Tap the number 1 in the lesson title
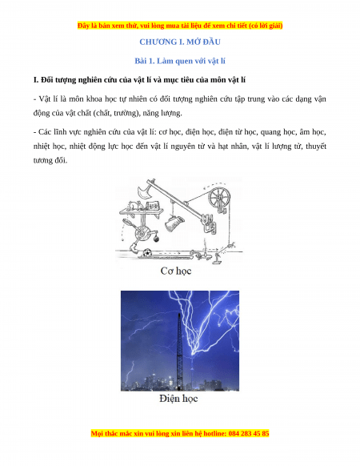(151, 61)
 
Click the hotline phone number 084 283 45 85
(249, 433)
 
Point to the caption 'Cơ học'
(176, 271)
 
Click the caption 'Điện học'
(178, 398)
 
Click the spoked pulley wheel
(219, 198)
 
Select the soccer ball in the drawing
(147, 253)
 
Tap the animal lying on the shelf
(134, 205)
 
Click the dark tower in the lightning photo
(180, 352)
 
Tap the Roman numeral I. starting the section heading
(36, 79)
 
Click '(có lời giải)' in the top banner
(266, 26)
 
